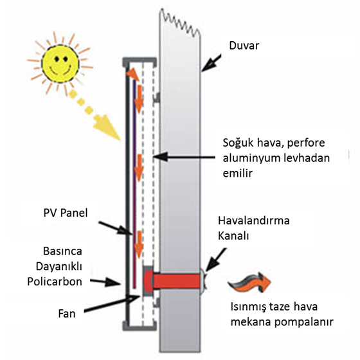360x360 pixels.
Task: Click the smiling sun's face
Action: [60, 62]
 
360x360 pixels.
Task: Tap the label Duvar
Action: [244, 46]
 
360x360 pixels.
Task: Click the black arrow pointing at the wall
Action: [212, 62]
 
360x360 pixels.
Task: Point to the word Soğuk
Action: [238, 143]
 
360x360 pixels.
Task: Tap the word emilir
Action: [238, 173]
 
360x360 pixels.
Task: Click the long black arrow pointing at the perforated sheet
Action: [184, 157]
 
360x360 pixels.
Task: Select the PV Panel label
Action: [66, 213]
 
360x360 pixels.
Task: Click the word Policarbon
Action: [55, 282]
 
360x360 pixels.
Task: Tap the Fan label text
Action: [67, 314]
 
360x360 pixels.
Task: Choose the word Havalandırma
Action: [254, 221]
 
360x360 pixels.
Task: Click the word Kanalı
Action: [233, 236]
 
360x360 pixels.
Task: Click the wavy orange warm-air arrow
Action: [249, 282]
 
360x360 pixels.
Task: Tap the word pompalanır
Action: [303, 322]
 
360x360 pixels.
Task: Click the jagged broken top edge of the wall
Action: [180, 22]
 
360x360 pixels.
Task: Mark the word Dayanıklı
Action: [59, 267]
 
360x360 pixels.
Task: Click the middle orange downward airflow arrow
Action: [139, 168]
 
